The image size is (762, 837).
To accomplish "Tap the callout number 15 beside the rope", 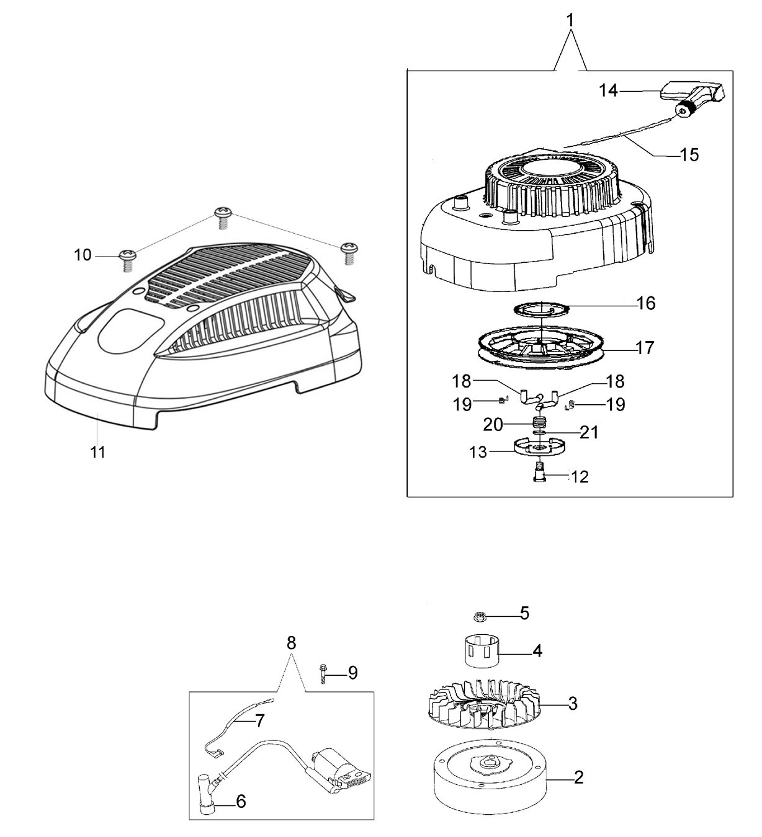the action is point(689,155).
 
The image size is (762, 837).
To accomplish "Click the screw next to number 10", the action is point(127,260).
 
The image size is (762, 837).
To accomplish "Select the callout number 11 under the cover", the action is point(98,452).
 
